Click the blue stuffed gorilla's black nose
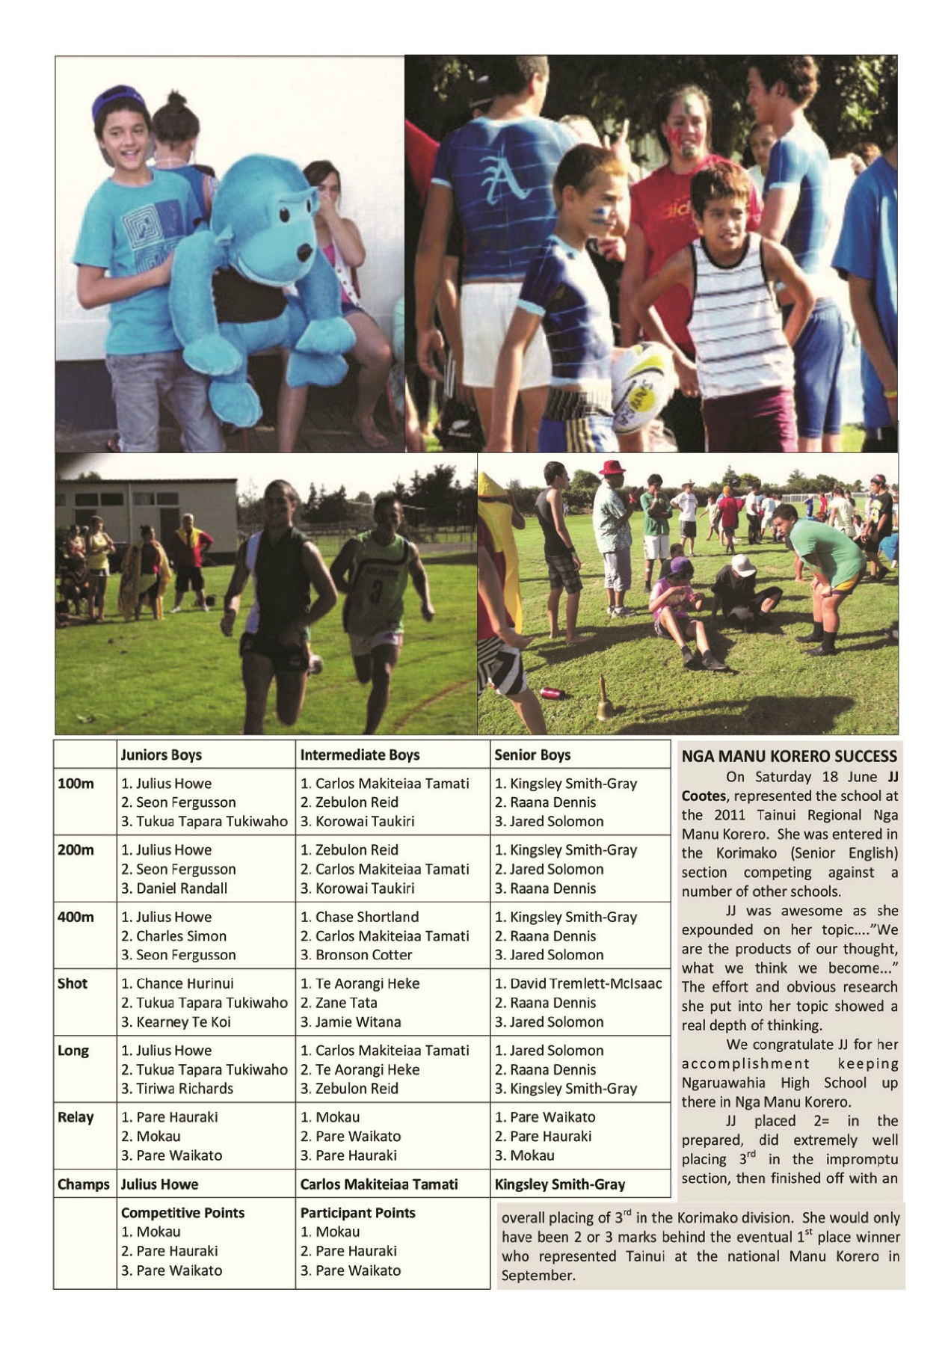[304, 252]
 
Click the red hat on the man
[612, 467]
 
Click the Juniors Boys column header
[161, 755]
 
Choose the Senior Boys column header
[532, 755]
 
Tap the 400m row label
[76, 917]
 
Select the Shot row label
[73, 983]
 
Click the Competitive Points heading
[182, 1213]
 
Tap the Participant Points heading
[357, 1213]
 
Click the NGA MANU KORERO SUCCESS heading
[789, 756]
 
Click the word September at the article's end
[538, 1276]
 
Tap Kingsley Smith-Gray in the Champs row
[560, 1184]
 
